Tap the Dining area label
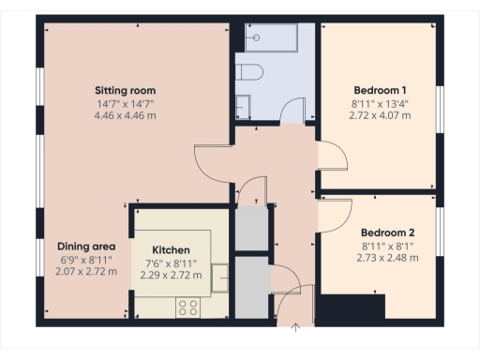(x=85, y=247)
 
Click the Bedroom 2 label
(x=387, y=232)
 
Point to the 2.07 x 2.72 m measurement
(x=85, y=272)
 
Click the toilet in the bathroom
(x=251, y=71)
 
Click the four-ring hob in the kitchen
(x=186, y=307)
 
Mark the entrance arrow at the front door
(x=296, y=327)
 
